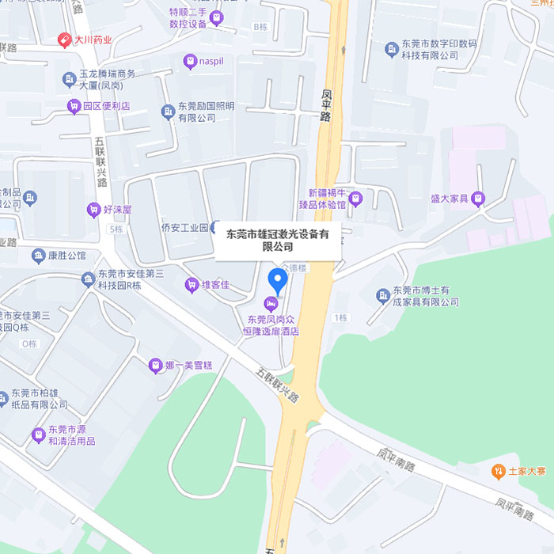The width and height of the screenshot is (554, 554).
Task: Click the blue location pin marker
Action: coord(277,280)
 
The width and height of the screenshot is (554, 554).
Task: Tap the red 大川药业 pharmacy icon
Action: coord(64,40)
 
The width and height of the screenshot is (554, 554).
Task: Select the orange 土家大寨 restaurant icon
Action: coord(498,472)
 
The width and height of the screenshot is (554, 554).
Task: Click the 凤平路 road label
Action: coord(325,104)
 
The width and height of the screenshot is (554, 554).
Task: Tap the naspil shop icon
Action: coord(190,60)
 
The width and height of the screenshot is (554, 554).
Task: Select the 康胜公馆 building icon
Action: coord(38,256)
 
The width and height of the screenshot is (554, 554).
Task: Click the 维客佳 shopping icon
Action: coord(191,284)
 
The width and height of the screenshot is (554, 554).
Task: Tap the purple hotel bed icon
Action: coord(271,303)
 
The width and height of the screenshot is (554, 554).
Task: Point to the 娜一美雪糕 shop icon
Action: coord(155,365)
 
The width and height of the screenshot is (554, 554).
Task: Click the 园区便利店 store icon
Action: coord(74,106)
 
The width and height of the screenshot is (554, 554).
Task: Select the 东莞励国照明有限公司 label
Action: coord(206,112)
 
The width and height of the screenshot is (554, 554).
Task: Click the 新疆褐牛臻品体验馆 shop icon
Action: coord(355,199)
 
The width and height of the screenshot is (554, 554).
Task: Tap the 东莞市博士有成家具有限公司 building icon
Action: coord(383,295)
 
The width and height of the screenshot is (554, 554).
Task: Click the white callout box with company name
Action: coord(278,241)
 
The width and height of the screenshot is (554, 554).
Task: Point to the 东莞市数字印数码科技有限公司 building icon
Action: coord(391,50)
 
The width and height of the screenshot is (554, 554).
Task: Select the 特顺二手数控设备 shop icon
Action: coord(216,17)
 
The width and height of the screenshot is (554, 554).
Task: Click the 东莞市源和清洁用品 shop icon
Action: coord(38,434)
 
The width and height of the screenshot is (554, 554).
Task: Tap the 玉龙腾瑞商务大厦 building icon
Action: coord(69,79)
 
